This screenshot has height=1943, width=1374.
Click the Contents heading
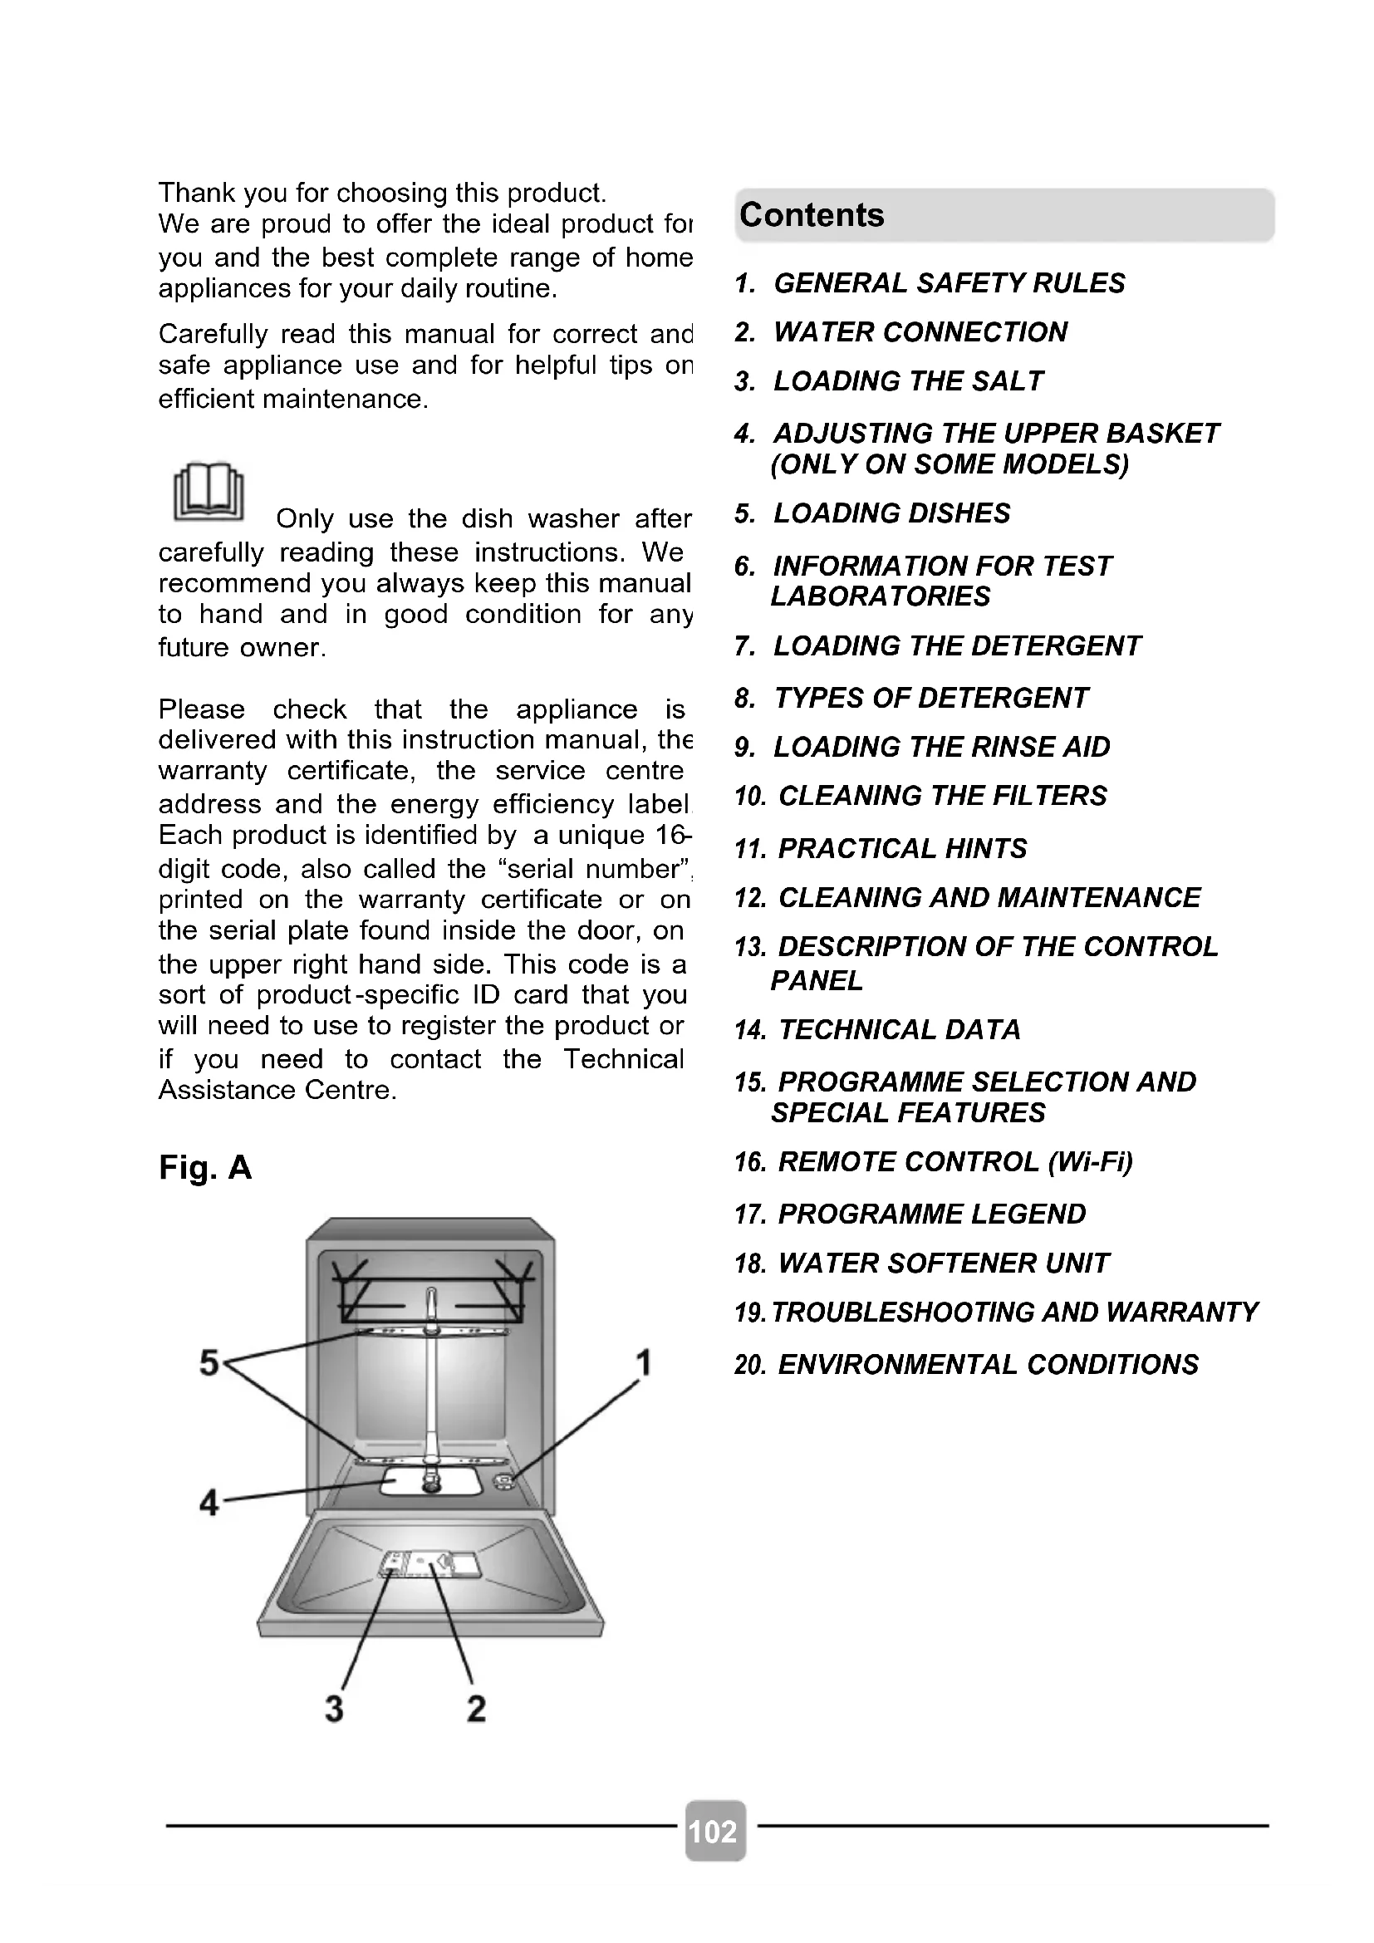(812, 215)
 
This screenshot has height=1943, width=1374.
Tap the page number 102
(714, 1833)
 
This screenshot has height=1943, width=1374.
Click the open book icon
(209, 492)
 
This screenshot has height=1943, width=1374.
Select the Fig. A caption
(205, 1167)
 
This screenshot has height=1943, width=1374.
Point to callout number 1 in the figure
(644, 1363)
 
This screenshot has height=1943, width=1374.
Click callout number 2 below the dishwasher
(476, 1708)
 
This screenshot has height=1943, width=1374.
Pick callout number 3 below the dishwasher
(334, 1708)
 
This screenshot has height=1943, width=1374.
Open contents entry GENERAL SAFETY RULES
(949, 282)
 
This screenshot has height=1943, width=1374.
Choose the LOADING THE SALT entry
(908, 381)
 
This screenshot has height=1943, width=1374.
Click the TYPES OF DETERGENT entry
(930, 698)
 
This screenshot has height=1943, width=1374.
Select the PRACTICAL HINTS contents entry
(902, 848)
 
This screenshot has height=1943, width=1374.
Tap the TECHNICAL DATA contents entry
(899, 1030)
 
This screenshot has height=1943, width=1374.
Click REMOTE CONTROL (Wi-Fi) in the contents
(954, 1162)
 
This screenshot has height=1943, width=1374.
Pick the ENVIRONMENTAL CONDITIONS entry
(988, 1365)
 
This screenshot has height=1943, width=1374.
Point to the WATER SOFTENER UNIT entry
(943, 1263)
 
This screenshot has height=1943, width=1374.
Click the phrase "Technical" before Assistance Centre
(624, 1058)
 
